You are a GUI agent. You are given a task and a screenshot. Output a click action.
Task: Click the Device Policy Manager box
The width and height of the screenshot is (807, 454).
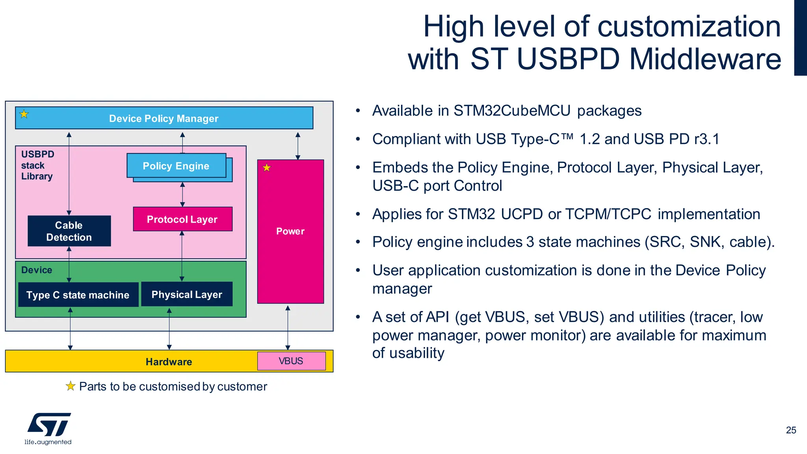click(x=164, y=118)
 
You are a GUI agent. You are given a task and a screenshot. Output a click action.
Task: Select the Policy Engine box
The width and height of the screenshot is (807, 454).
click(x=176, y=166)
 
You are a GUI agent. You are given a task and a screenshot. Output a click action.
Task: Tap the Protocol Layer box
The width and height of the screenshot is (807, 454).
click(x=182, y=219)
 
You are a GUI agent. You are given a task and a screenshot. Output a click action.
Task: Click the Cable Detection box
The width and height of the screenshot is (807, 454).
click(x=69, y=231)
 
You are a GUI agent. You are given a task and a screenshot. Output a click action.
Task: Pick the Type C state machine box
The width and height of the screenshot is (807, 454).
click(x=78, y=295)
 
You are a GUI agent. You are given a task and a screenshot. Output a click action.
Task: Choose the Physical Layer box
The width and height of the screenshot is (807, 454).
click(x=187, y=294)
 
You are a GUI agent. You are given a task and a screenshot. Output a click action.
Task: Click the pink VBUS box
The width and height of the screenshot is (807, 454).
click(x=291, y=361)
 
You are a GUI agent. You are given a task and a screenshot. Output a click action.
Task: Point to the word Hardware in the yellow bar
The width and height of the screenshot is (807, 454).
click(x=169, y=362)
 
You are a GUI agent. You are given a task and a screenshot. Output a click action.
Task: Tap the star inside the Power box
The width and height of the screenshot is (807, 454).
click(x=267, y=168)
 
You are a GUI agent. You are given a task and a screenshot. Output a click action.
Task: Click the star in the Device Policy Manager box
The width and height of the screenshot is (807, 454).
click(x=24, y=114)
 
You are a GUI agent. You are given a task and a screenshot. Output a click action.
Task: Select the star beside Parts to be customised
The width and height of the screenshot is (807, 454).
click(x=71, y=386)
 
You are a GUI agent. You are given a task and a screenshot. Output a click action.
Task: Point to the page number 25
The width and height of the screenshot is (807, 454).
click(x=791, y=430)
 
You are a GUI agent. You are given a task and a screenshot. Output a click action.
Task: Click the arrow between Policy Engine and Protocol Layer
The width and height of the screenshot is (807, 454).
click(x=182, y=194)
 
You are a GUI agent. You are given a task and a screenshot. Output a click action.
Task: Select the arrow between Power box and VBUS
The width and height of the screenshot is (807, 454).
click(x=288, y=327)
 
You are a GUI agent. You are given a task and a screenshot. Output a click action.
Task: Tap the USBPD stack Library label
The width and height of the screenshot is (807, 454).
click(x=37, y=165)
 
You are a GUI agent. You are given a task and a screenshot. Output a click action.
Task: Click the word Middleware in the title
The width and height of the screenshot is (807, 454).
click(x=705, y=59)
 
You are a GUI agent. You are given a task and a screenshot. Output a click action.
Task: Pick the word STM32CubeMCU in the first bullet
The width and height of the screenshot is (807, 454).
click(x=511, y=111)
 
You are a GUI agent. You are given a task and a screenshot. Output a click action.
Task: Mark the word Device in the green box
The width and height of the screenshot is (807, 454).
click(x=37, y=270)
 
